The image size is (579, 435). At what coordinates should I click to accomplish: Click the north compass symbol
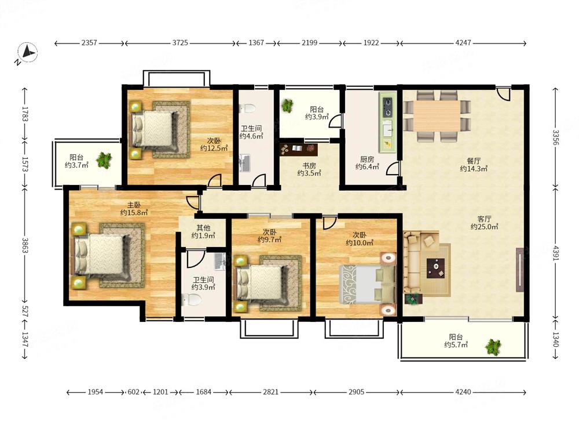tap(28, 53)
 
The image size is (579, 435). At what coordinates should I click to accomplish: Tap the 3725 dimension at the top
tap(180, 43)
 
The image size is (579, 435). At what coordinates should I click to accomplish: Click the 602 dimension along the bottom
tap(133, 391)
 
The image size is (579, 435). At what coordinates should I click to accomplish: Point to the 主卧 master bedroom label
tap(134, 205)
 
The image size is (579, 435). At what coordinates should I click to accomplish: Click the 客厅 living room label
tap(484, 219)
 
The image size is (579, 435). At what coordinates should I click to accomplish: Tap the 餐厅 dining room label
tap(474, 161)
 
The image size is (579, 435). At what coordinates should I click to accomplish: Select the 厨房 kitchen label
tap(368, 159)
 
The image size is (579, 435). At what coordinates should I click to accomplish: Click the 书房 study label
tap(309, 165)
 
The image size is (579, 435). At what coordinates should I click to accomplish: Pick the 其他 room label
tap(203, 228)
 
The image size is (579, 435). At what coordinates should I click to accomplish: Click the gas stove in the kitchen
tap(387, 106)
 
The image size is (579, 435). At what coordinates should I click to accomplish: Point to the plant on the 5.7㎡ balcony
tap(493, 347)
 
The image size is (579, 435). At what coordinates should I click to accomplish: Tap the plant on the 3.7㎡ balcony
tap(104, 160)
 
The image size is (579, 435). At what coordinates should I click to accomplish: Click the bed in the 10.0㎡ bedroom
tap(368, 284)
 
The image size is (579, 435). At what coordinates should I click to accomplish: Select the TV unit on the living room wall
tap(519, 270)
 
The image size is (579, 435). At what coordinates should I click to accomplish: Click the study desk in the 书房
tap(299, 148)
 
